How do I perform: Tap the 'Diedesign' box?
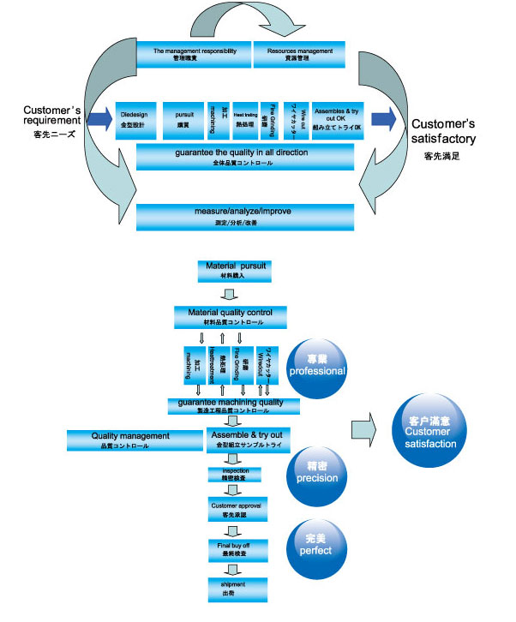[135, 117]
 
